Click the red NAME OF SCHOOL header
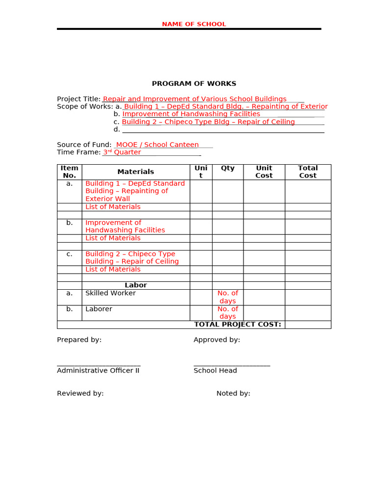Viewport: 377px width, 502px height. [x=194, y=24]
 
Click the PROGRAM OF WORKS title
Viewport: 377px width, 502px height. [x=194, y=84]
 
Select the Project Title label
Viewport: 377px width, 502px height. [x=79, y=99]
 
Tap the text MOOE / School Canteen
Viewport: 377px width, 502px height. [x=157, y=145]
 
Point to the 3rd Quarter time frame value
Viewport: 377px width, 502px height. [x=122, y=152]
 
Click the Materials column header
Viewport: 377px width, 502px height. [x=135, y=172]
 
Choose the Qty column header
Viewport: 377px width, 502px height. [x=228, y=168]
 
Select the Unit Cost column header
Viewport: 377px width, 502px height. [x=264, y=172]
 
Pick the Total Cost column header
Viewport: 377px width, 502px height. [x=308, y=172]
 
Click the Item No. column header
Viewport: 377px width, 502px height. [x=69, y=172]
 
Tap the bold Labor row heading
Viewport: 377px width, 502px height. [x=135, y=285]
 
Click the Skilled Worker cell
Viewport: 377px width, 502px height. [x=110, y=293]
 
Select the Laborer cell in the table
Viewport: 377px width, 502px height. [x=99, y=309]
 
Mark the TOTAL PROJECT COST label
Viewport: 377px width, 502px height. [x=238, y=325]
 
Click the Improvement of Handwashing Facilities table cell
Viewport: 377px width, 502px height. [x=125, y=226]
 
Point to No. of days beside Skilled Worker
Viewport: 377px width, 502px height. [x=228, y=297]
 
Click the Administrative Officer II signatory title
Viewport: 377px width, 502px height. [x=98, y=371]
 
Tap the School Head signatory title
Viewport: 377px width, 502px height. [x=215, y=371]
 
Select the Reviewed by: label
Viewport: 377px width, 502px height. [x=80, y=393]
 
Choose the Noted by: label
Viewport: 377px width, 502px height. [x=233, y=393]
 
